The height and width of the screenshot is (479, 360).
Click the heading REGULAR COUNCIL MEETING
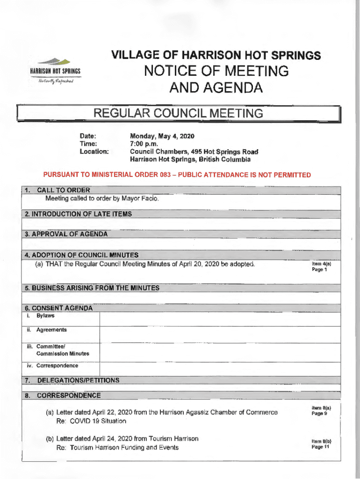pyautogui.click(x=179, y=114)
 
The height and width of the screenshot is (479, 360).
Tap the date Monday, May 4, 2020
pyautogui.click(x=162, y=136)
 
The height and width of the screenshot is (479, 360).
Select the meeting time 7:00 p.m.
pyautogui.click(x=144, y=144)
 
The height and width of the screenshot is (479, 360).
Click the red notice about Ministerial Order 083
pyautogui.click(x=177, y=175)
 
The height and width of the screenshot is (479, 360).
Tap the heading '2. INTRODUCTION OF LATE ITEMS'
pyautogui.click(x=79, y=214)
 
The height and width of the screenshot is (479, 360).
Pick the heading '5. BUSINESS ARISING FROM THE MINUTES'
pyautogui.click(x=92, y=288)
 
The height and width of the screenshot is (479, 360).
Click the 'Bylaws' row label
pyautogui.click(x=45, y=316)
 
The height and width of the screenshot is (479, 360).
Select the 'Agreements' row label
pyautogui.click(x=51, y=330)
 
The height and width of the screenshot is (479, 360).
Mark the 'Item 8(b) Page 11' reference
pyautogui.click(x=321, y=443)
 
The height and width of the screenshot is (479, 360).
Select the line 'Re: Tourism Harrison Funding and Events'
pyautogui.click(x=117, y=448)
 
